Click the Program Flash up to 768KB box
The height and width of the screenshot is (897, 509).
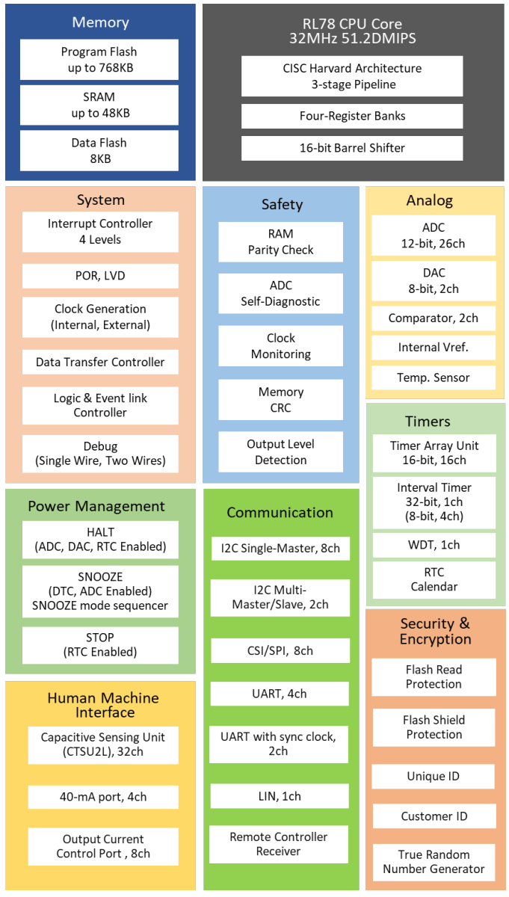[x=99, y=60]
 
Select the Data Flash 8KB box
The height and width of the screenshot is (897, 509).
[x=99, y=150]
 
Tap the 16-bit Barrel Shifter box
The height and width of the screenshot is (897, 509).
[x=352, y=148]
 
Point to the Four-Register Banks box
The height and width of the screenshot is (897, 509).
[x=352, y=117]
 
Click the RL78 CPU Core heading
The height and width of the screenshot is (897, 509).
[x=353, y=31]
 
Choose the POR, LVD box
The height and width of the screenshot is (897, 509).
[x=100, y=276]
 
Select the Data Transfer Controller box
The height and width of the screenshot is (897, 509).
[x=100, y=362]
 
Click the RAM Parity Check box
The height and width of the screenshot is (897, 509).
[x=280, y=242]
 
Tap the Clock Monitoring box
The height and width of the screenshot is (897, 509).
[x=280, y=346]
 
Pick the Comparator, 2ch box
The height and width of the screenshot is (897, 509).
[x=434, y=318]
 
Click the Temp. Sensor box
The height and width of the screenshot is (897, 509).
[x=434, y=377]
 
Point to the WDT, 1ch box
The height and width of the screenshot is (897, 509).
[x=434, y=545]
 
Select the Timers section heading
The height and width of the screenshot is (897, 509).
[x=428, y=422]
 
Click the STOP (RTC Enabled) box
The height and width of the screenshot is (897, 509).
[x=100, y=644]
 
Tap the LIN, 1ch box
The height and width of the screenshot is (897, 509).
[x=280, y=796]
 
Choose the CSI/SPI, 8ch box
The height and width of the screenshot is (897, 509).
[x=280, y=650]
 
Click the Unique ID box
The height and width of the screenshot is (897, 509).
[x=434, y=777]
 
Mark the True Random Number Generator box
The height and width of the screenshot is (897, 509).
[x=434, y=862]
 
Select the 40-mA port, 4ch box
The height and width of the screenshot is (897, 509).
[x=103, y=797]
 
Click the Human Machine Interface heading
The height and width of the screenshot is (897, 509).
[x=103, y=705]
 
